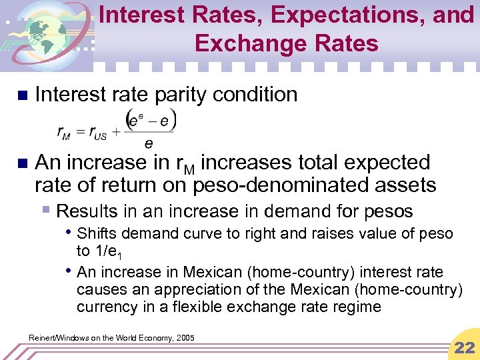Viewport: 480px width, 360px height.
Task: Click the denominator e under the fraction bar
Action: click(x=148, y=143)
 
